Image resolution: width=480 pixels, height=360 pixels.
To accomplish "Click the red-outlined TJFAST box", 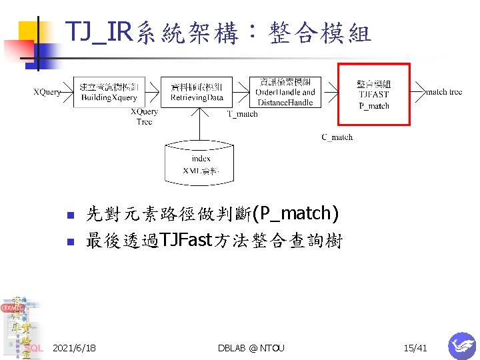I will pos(373,94).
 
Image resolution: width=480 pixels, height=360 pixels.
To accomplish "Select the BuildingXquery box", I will pos(109,92).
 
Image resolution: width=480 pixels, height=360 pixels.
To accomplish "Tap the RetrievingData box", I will pos(197,92).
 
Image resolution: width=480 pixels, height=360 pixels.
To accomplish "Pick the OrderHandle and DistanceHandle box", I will pos(285,92).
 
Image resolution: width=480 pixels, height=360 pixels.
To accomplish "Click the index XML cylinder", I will pos(201,163).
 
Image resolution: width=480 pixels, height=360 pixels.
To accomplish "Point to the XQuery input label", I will pos(47,92).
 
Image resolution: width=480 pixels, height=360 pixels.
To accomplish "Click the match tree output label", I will pos(444,92).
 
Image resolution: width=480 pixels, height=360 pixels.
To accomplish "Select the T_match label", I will pos(243,114).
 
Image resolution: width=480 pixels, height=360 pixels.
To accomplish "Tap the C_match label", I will pos(337,137).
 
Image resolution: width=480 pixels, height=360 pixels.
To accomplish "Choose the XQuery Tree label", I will pos(145,117).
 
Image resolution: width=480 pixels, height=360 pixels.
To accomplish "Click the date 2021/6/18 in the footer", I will pos(74,348).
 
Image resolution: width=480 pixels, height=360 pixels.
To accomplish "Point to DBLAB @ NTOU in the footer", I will pos(251,348).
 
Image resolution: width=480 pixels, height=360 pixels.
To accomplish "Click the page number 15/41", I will pos(415,348).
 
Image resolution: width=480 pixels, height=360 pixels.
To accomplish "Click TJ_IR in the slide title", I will pos(97,31).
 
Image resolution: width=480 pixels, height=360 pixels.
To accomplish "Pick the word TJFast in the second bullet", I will pos(185,241).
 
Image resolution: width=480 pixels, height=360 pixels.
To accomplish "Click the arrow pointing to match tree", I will pos(418,87).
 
